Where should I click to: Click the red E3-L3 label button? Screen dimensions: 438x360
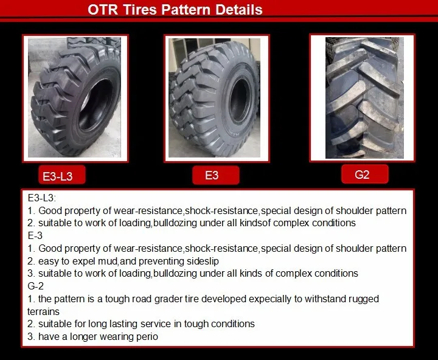pos(62,175)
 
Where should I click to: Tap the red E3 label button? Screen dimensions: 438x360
pos(215,175)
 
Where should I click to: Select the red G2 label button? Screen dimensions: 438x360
pos(365,175)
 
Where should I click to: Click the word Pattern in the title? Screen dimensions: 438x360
pos(186,10)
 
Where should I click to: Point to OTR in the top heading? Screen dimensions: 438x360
pos(103,10)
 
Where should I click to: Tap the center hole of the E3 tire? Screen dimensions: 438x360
pos(240,100)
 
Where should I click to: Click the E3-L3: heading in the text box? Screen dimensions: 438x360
pos(41,198)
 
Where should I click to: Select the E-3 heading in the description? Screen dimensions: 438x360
pos(35,235)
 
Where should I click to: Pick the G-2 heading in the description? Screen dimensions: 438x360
pos(35,286)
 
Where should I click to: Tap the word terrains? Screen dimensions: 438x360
pos(43,311)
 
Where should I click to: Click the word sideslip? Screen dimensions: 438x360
pos(203,261)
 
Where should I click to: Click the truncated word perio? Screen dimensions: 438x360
pos(147,337)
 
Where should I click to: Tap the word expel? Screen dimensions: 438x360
pos(84,261)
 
